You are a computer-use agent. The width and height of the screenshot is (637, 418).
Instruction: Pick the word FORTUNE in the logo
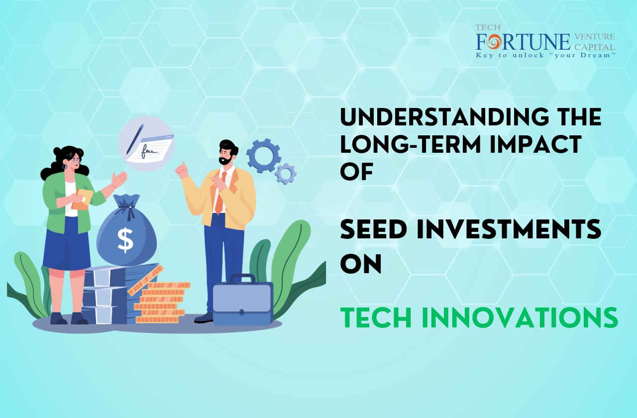point(523,41)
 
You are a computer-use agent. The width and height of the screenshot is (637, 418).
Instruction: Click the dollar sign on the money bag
point(125,240)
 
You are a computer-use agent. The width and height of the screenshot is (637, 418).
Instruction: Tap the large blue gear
point(263,156)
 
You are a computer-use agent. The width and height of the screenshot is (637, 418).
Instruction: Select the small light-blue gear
point(286,174)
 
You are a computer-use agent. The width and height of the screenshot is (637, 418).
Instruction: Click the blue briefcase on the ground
point(243,300)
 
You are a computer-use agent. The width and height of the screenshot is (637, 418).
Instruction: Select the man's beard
point(226,161)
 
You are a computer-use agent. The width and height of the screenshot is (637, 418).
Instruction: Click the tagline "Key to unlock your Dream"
point(545,55)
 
